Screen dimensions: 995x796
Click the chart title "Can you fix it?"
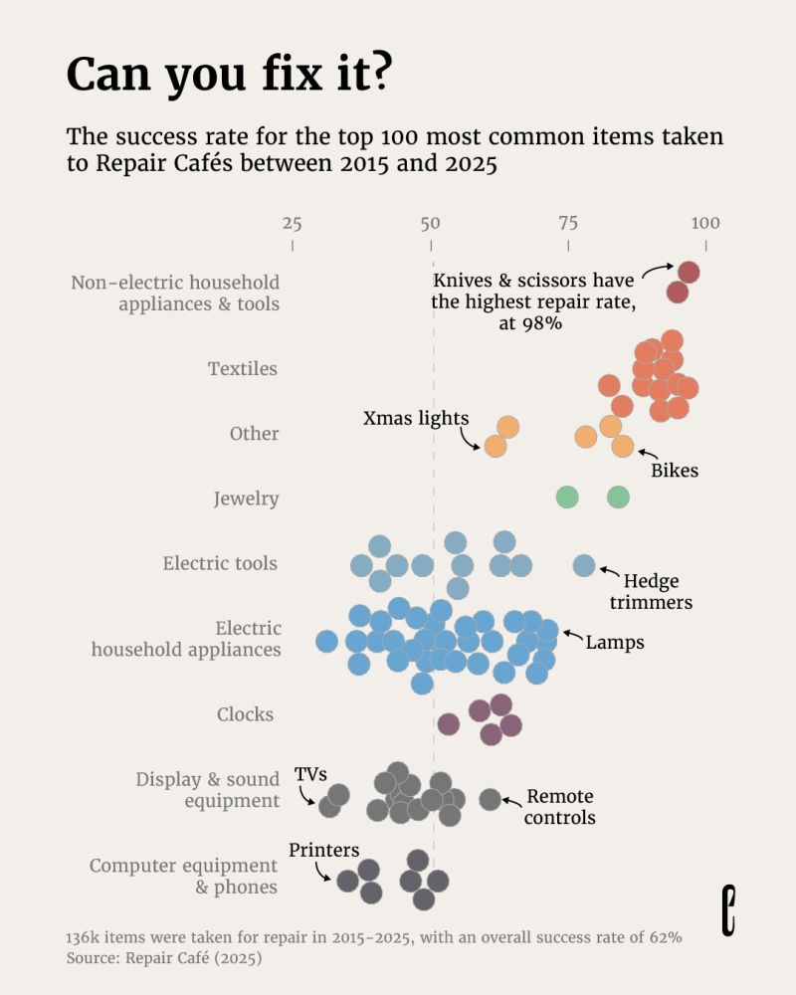tap(228, 74)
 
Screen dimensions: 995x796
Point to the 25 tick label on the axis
tap(292, 223)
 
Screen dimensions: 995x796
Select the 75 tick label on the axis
tap(567, 223)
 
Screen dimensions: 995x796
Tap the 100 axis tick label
tap(705, 223)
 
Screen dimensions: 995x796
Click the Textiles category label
tap(243, 369)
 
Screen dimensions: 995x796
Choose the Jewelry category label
tap(246, 498)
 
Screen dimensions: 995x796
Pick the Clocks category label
tap(245, 714)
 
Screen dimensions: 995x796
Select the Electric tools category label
tap(220, 564)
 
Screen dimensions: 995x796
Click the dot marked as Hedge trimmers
tap(584, 565)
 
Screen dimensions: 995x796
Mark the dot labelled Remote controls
tap(490, 799)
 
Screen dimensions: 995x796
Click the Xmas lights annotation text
tap(416, 418)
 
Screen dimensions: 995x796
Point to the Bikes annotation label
tap(675, 471)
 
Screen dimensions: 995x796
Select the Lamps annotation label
tap(615, 643)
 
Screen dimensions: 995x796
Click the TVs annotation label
tap(310, 774)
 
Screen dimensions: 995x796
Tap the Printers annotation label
tap(324, 850)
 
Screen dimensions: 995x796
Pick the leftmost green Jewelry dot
tap(567, 497)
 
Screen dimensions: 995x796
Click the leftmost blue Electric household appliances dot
tap(326, 641)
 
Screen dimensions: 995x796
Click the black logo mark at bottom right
tap(729, 910)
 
